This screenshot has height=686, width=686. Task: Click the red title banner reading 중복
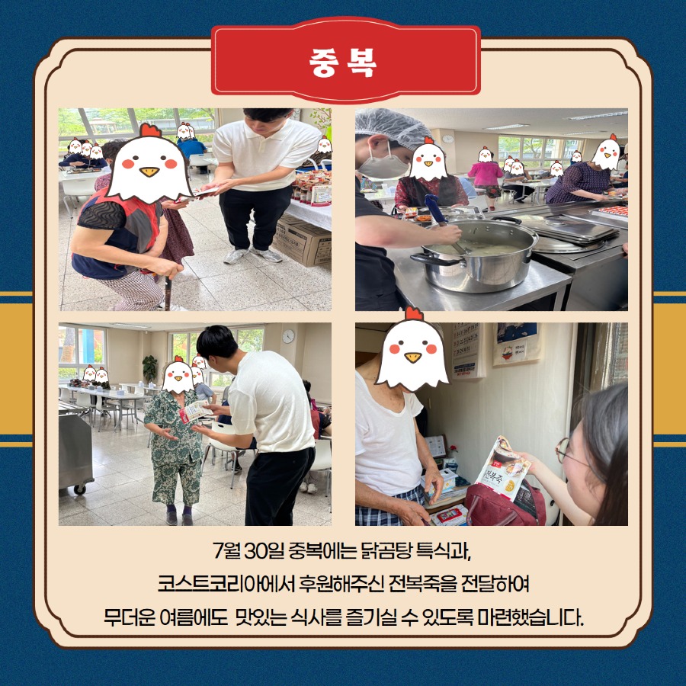point(345,60)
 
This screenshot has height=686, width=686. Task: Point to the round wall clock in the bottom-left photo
point(288,336)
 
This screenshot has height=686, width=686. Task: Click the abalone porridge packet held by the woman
point(503,467)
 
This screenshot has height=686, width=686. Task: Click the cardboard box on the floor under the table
point(302,241)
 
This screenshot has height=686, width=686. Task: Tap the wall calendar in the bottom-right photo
point(466,350)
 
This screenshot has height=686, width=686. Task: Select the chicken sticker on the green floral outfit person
point(178,374)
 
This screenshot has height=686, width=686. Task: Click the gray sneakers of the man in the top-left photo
point(252,255)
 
